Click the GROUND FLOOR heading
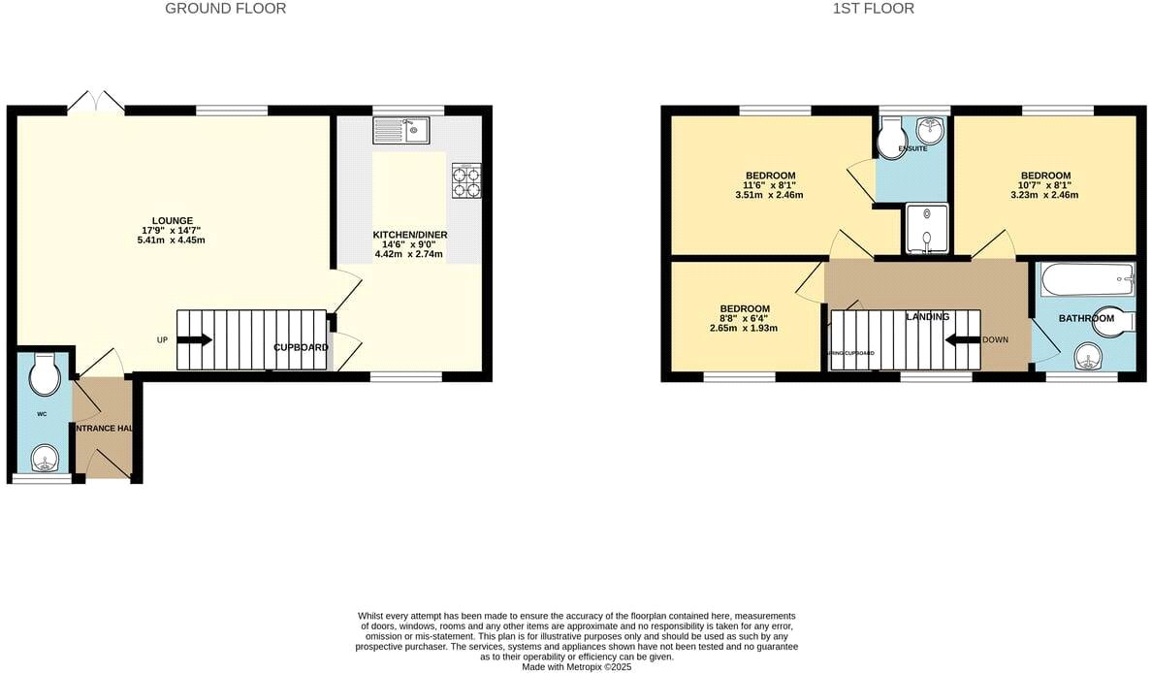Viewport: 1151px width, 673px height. coord(225,9)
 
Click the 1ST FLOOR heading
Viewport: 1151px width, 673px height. coord(873,9)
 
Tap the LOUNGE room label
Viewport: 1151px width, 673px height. coord(172,220)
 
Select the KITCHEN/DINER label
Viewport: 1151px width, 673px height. coord(410,235)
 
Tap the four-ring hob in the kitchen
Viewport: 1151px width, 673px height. coord(465,181)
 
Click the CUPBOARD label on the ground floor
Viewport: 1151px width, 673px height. coord(302,347)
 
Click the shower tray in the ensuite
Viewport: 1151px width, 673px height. coord(926,229)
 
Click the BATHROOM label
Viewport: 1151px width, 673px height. coord(1086,318)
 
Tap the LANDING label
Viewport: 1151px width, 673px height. coord(927,317)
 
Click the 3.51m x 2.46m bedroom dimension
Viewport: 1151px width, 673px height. coord(769,195)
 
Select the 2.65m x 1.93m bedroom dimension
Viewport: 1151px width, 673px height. coord(745,328)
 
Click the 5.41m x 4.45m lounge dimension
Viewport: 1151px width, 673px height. coord(172,240)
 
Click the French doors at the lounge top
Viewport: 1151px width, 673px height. coord(96,104)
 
